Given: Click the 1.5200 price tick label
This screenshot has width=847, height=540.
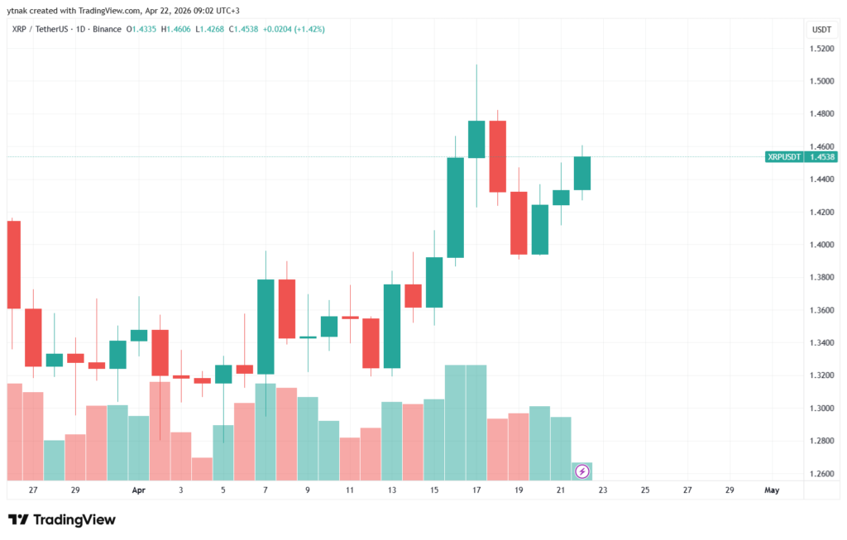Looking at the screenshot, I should (821, 49).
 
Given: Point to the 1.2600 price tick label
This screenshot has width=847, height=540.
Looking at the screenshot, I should (821, 474).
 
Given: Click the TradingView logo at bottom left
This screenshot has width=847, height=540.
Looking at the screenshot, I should (62, 519).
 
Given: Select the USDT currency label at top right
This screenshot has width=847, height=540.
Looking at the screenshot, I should (821, 29).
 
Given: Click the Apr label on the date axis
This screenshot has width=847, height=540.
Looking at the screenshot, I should (138, 490).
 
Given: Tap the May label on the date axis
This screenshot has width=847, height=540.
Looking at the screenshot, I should (771, 490).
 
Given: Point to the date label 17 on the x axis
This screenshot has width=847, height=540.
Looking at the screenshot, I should (476, 490).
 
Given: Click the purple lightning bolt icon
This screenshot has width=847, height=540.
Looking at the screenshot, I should (582, 471).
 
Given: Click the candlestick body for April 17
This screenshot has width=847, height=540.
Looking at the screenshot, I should (476, 139).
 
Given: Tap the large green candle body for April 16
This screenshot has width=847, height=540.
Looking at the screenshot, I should (455, 207).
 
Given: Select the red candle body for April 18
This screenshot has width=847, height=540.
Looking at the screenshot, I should (497, 156).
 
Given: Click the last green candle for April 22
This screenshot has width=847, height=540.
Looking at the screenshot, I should (582, 173).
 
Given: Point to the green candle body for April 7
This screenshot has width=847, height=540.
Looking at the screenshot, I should (266, 327).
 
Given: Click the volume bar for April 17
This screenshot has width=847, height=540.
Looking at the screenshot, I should (476, 422).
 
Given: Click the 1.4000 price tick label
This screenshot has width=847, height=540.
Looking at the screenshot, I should (821, 245).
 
